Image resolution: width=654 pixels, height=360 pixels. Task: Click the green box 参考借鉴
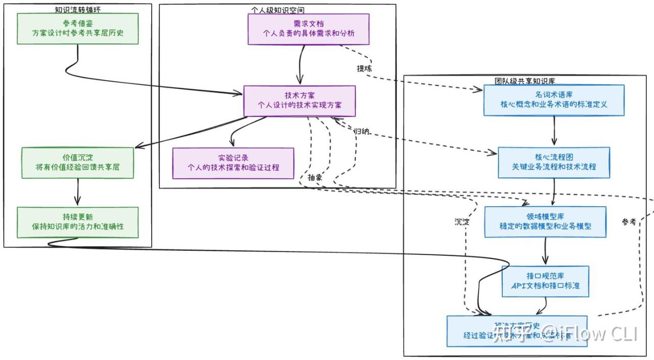[78, 28]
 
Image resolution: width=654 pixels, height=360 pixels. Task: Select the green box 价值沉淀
[78, 162]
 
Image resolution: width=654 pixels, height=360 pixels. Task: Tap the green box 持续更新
[78, 222]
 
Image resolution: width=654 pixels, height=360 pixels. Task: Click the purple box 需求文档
[309, 29]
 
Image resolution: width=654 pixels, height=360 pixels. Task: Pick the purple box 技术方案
[299, 101]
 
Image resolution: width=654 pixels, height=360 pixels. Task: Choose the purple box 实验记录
[233, 163]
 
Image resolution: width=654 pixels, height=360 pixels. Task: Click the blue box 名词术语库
[554, 100]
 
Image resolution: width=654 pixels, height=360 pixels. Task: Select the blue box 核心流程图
[554, 162]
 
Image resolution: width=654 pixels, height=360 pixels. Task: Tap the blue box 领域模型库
[545, 222]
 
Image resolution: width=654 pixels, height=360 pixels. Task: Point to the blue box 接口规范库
[545, 281]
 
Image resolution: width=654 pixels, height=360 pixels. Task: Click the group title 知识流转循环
[78, 10]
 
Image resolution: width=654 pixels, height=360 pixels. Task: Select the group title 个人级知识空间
[278, 10]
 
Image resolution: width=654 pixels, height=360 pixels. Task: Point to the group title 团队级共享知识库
[525, 81]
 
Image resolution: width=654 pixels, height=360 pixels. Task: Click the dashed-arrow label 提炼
[364, 68]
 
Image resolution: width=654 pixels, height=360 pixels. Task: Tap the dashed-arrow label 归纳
[362, 131]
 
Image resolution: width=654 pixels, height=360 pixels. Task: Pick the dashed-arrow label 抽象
[315, 177]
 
